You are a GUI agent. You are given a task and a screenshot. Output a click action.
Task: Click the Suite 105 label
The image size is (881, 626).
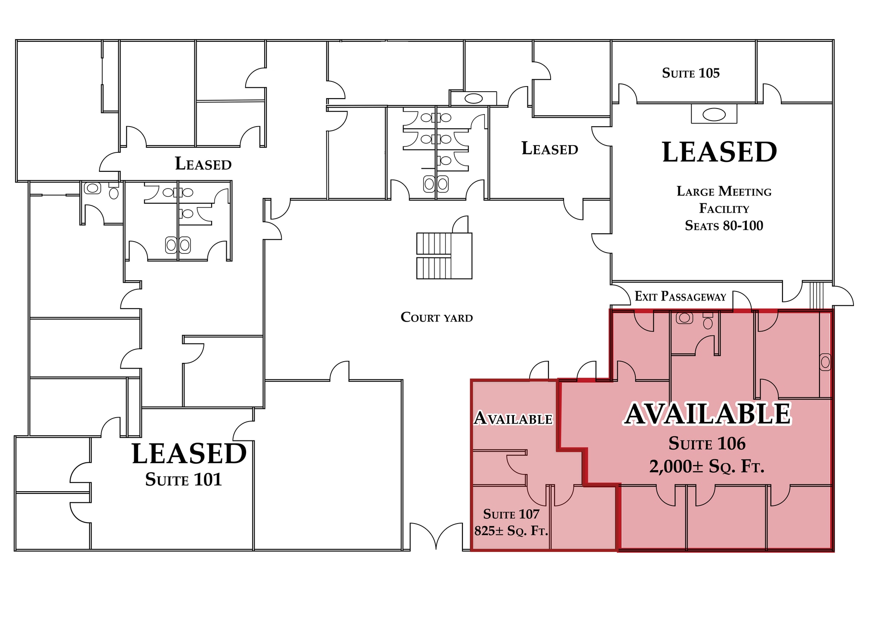point(690,73)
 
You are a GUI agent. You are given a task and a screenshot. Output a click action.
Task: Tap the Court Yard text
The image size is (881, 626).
point(436,317)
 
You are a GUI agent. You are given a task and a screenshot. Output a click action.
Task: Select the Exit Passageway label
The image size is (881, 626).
point(680,296)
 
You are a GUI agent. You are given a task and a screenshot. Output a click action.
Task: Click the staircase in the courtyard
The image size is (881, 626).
point(444,256)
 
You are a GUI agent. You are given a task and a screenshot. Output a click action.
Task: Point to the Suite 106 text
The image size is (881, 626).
point(707,443)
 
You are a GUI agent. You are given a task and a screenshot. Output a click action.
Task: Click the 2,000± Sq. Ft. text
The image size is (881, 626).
point(707,466)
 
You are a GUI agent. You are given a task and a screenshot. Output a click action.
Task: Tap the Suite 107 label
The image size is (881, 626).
point(511,514)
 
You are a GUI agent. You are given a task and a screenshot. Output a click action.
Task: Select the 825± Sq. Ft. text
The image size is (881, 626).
point(511,531)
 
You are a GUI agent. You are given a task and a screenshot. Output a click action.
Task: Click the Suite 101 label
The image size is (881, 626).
point(183,479)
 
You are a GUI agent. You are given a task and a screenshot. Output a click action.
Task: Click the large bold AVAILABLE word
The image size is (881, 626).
point(707,414)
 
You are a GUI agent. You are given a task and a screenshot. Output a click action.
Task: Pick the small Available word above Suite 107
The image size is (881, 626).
point(513,418)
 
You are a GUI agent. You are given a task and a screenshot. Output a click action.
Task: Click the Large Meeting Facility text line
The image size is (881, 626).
point(724,192)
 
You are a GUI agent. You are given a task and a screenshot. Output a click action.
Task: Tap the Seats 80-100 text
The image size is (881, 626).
point(724,226)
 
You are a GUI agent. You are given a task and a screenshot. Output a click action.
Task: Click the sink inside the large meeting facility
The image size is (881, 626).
point(714,115)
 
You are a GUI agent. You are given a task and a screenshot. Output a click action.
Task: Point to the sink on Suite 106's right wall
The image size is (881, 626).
point(825,362)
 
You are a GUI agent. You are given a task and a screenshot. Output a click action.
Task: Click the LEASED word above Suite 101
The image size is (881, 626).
point(189,453)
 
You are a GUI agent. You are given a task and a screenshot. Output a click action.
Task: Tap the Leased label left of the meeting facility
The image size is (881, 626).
point(549,149)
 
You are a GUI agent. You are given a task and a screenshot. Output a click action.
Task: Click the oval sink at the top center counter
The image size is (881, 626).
point(474,99)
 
